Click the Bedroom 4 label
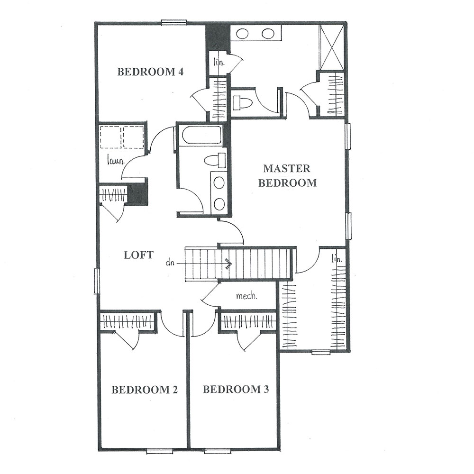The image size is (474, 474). pos(150,72)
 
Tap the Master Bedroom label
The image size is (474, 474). pos(287,176)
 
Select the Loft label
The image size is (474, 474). pos(138,255)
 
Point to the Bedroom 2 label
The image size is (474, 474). pos(145,390)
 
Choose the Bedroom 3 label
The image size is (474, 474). pos(236,389)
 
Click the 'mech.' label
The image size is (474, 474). pos(246,296)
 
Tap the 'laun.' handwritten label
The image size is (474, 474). pos(116,160)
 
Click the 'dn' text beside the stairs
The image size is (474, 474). pos(170,263)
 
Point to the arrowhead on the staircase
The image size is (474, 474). pos(229,264)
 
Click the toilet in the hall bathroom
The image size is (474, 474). pos(215,160)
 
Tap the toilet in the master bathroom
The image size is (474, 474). pos(242,103)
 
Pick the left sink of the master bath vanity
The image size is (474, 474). pos(242,34)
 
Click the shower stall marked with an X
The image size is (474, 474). pos(332,47)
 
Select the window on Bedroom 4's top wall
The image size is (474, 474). pos(174,22)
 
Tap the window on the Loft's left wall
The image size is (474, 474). pos(97,281)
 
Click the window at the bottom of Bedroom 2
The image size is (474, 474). pos(160,452)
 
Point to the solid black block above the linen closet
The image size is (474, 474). pos(218,37)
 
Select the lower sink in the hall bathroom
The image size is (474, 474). pos(219,204)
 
